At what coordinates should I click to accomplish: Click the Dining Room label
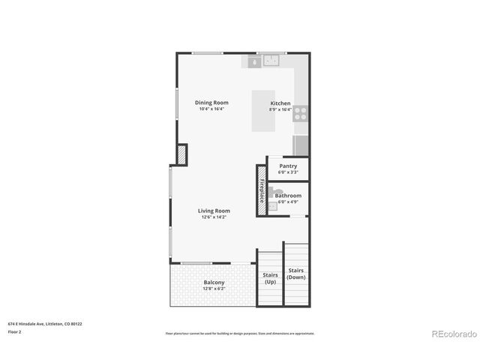point(211,103)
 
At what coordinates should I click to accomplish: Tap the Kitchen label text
point(280,103)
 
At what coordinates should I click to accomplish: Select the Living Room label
point(214,211)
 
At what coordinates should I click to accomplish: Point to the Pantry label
point(288,166)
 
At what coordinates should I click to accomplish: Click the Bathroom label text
point(288,195)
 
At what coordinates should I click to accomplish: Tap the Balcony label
point(214,283)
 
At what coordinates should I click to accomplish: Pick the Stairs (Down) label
point(296,273)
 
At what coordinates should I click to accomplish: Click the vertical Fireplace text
point(262,191)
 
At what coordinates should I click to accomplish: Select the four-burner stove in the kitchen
point(300,113)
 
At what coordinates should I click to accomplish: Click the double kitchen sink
point(270,61)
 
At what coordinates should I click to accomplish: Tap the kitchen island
point(263,112)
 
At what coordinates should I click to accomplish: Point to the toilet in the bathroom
point(272,208)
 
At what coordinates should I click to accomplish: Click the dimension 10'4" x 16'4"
point(211,109)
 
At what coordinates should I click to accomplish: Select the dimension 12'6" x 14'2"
point(214,217)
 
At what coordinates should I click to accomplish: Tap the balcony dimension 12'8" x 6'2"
point(214,289)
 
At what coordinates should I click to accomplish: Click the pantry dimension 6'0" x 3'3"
point(288,172)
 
